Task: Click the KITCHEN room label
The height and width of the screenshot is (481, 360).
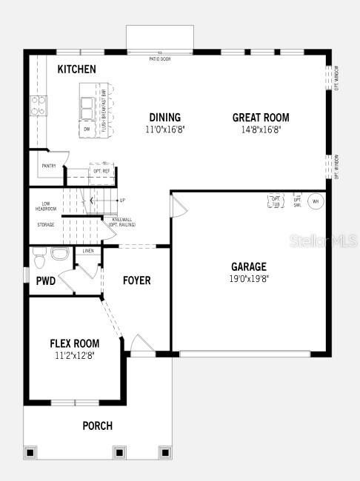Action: (x=77, y=69)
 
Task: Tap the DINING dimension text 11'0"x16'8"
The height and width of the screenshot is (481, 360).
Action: (x=164, y=129)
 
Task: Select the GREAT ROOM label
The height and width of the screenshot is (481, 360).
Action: (x=261, y=117)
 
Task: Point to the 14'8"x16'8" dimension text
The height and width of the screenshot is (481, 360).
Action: (x=261, y=129)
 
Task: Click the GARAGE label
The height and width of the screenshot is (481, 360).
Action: (x=248, y=266)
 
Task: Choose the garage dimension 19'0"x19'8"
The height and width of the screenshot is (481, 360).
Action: (x=248, y=279)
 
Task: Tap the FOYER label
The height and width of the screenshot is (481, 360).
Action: (x=136, y=280)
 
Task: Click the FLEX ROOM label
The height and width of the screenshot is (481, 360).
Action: (x=75, y=343)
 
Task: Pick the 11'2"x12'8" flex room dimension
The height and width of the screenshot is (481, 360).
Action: (x=75, y=355)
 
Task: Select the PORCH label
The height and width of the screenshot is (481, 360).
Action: (x=97, y=425)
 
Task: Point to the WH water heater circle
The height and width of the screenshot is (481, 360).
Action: (x=315, y=201)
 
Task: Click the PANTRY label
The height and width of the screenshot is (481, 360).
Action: (x=50, y=166)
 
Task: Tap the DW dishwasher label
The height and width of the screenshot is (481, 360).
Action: (x=87, y=129)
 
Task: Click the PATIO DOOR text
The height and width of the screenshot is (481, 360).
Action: (x=159, y=58)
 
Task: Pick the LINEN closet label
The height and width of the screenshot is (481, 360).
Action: (x=88, y=252)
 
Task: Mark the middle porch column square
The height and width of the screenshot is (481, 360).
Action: (x=119, y=451)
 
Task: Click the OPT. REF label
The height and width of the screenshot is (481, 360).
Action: (x=101, y=170)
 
